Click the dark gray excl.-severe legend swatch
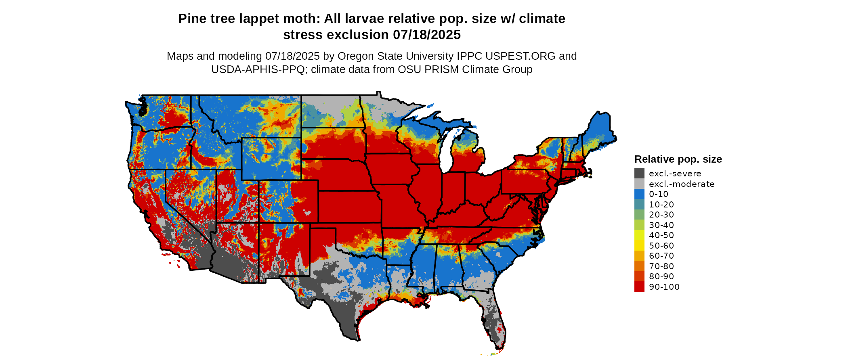point(639,174)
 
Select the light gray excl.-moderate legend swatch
point(639,184)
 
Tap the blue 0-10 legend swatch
point(639,194)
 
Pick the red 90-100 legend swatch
point(639,287)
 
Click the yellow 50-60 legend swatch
point(639,246)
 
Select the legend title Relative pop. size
point(678,159)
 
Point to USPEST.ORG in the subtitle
point(521,56)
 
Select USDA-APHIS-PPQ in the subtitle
point(258,69)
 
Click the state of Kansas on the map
point(349,207)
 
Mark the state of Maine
point(600,129)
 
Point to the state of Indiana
point(453,190)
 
